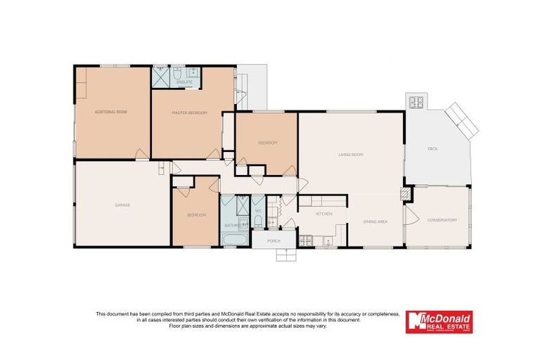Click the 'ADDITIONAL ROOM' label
point(111,112)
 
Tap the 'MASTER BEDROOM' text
point(189,112)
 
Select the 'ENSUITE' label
point(184,82)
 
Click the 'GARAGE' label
point(122,205)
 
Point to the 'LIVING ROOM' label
point(350,155)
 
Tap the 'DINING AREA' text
point(375,222)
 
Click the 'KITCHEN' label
point(323,213)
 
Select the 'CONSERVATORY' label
point(442,220)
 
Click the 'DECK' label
point(433,148)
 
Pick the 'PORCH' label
point(274,241)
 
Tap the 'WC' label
point(258,210)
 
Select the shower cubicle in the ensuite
point(160,75)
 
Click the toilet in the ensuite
point(178,72)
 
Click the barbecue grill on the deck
point(415,103)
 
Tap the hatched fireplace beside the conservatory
point(405,193)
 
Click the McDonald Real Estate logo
point(438,322)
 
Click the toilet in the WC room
point(258,222)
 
